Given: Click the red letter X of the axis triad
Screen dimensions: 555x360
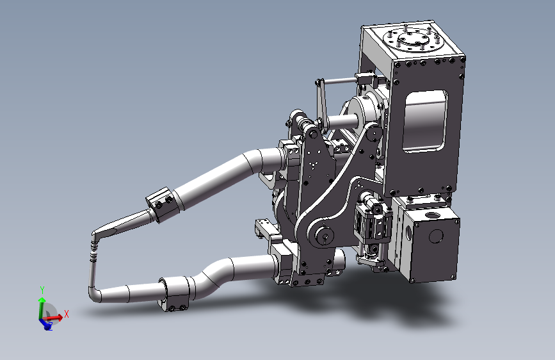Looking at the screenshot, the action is pyautogui.click(x=66, y=314).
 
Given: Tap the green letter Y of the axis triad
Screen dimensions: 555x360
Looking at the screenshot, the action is pyautogui.click(x=42, y=290).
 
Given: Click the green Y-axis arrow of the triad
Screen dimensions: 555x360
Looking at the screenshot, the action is pyautogui.click(x=42, y=308).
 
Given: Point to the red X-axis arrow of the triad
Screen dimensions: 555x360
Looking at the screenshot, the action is pyautogui.click(x=52, y=318).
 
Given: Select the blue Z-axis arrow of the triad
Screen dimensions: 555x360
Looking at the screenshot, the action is pyautogui.click(x=45, y=323).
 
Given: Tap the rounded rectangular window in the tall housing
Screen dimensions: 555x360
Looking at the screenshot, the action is pyautogui.click(x=425, y=121).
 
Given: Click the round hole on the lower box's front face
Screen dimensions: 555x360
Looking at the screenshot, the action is pyautogui.click(x=436, y=236).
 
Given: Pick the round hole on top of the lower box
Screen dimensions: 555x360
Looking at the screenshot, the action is pyautogui.click(x=431, y=215).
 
